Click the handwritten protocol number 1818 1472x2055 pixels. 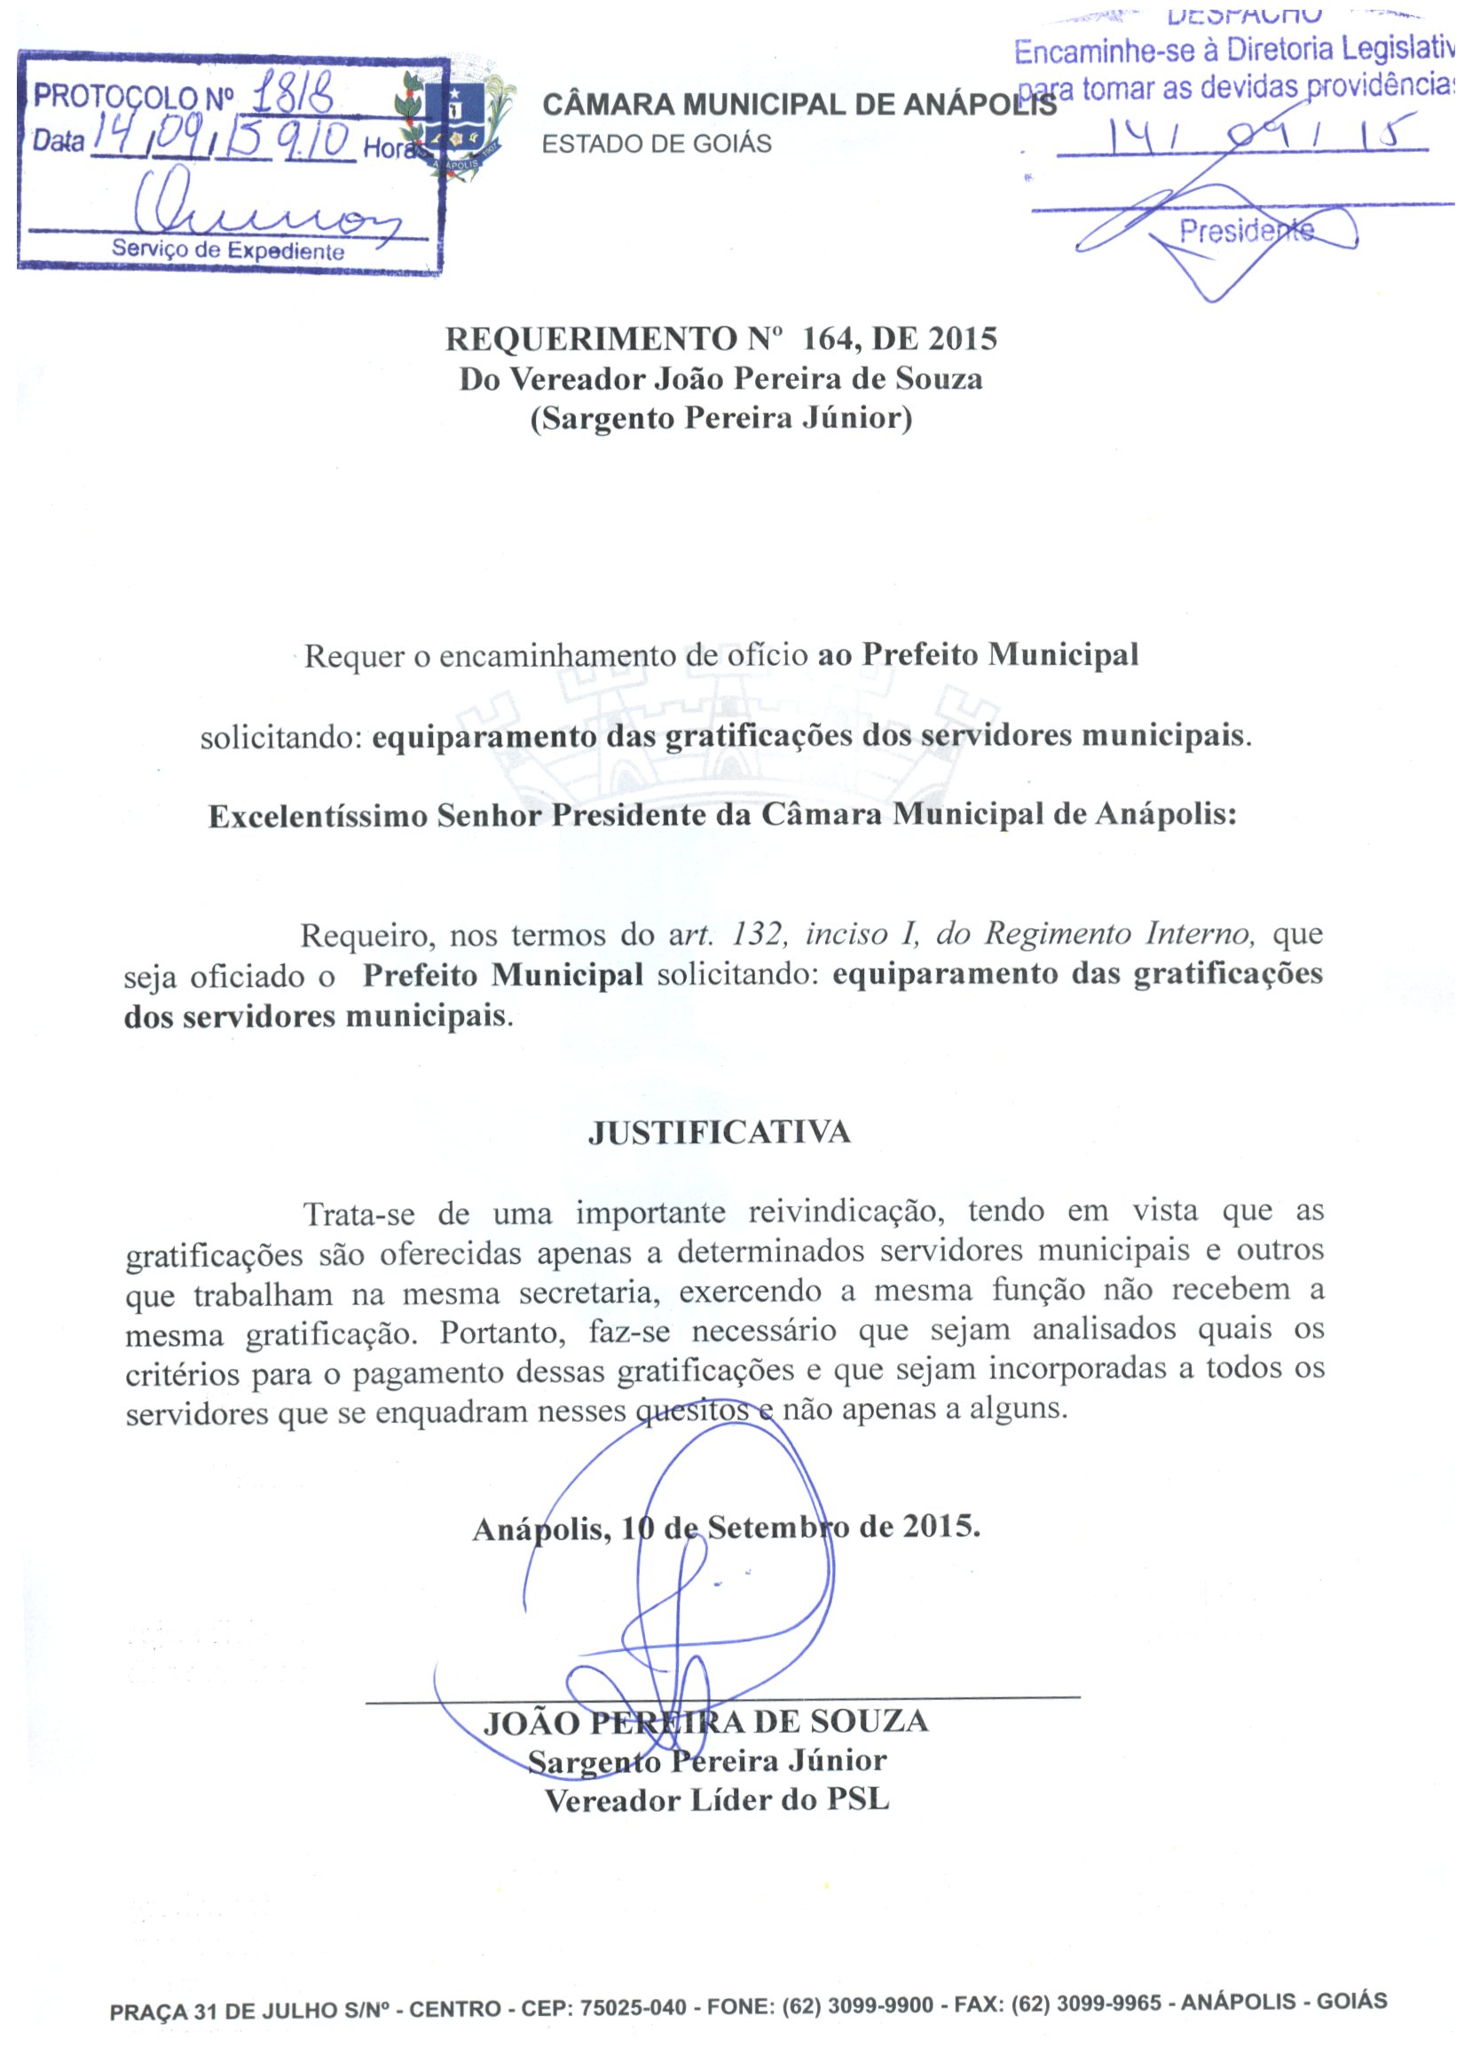point(293,94)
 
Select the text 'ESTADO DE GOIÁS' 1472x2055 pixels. point(656,144)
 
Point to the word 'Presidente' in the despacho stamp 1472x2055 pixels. point(1246,232)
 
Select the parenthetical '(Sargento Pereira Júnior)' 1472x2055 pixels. point(721,419)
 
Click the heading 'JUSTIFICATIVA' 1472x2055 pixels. point(720,1133)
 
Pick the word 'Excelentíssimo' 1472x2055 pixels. point(318,817)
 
